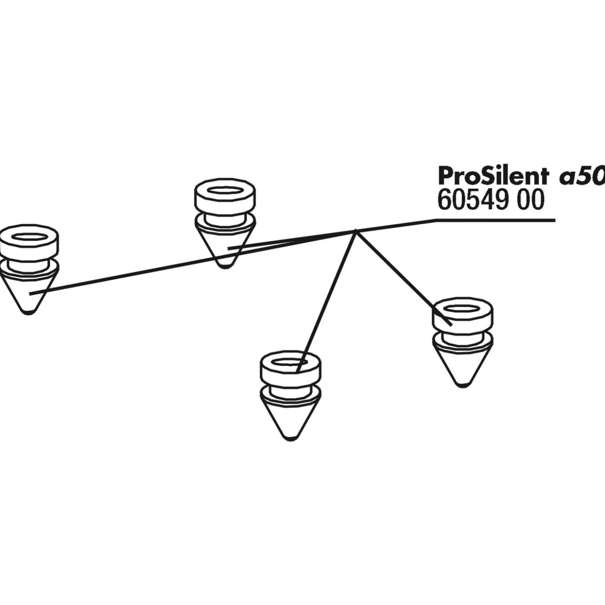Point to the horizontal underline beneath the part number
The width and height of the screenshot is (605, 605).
click(x=497, y=220)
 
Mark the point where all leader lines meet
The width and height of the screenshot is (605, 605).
click(x=356, y=231)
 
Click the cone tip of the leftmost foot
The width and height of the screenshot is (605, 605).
click(x=28, y=311)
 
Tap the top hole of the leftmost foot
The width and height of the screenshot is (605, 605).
click(x=29, y=237)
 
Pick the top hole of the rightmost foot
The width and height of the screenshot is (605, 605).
click(x=462, y=310)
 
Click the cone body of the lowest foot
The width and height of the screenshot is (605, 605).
click(x=290, y=419)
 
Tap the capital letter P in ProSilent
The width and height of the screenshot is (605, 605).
click(x=445, y=177)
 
